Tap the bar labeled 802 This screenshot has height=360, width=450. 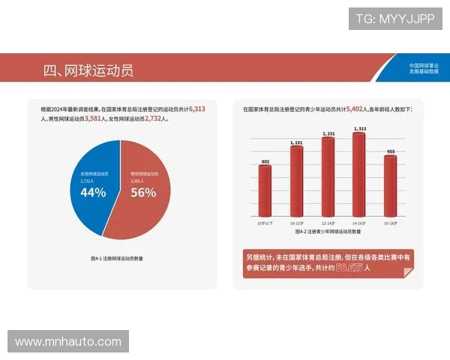(x=265, y=190)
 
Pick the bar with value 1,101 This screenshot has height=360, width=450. (x=296, y=180)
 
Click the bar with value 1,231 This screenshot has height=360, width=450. (x=328, y=176)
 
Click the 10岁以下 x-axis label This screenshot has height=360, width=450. (x=265, y=223)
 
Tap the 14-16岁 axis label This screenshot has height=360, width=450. (x=359, y=223)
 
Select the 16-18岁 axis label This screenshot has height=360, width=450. (x=390, y=223)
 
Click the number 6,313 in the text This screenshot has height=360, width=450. (x=197, y=109)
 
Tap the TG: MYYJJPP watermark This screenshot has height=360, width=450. (x=394, y=19)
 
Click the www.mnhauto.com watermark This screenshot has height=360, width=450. (x=67, y=341)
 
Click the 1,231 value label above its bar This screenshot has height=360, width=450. (x=328, y=133)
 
